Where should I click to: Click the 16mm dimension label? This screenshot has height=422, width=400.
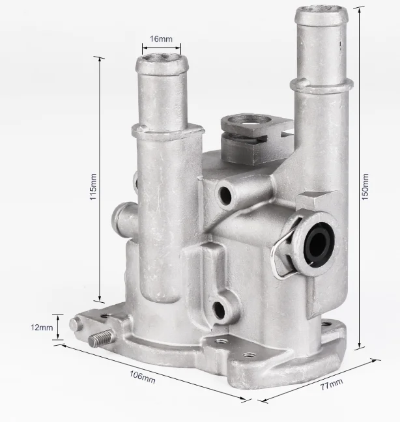click(161, 39)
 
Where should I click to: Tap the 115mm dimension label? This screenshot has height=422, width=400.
click(93, 186)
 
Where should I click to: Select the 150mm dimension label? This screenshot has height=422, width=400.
click(365, 186)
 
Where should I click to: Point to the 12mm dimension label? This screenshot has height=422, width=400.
click(42, 328)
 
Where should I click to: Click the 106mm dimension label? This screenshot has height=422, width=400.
click(143, 377)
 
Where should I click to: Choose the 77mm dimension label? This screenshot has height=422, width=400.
click(332, 384)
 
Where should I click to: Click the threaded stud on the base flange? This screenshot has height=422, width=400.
click(100, 338)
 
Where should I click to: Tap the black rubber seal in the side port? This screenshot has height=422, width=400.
click(319, 245)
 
